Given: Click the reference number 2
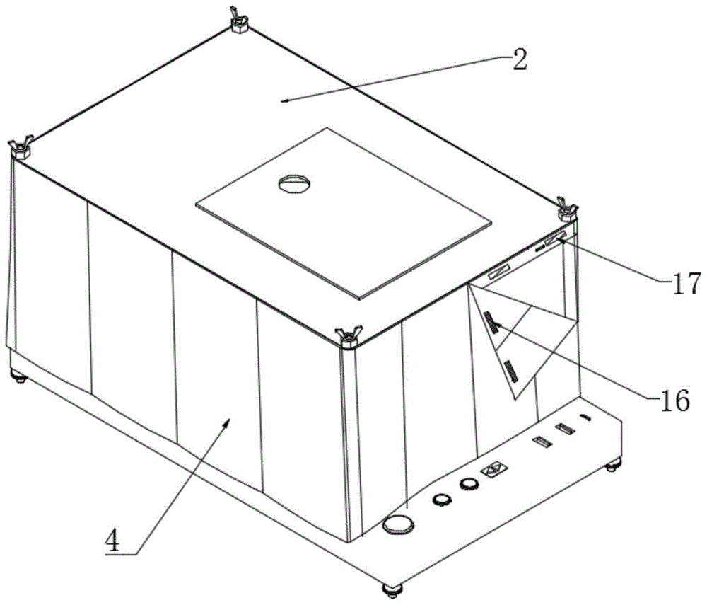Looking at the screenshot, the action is click(520, 60).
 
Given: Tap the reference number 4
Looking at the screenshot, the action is click(112, 541).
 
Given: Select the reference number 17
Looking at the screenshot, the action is click(686, 283).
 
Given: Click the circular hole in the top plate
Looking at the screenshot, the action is click(294, 183).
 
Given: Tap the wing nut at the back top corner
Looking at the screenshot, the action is click(240, 20).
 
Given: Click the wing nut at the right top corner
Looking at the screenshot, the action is click(568, 209).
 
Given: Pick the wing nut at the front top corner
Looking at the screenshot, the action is click(349, 337).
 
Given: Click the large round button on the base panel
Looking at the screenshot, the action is click(397, 525).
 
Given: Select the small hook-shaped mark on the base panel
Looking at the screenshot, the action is click(585, 417).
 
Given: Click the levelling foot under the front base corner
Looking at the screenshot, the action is click(392, 589).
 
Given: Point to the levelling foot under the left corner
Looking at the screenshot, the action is click(19, 376).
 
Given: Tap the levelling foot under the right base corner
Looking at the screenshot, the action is click(613, 465).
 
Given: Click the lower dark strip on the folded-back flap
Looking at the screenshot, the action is click(510, 370).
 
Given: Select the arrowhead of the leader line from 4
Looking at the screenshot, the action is click(227, 422).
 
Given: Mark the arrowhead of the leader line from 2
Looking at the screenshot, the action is click(284, 101).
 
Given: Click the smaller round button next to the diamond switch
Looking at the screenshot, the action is click(469, 484).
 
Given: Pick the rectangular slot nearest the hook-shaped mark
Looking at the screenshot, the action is click(565, 429).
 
